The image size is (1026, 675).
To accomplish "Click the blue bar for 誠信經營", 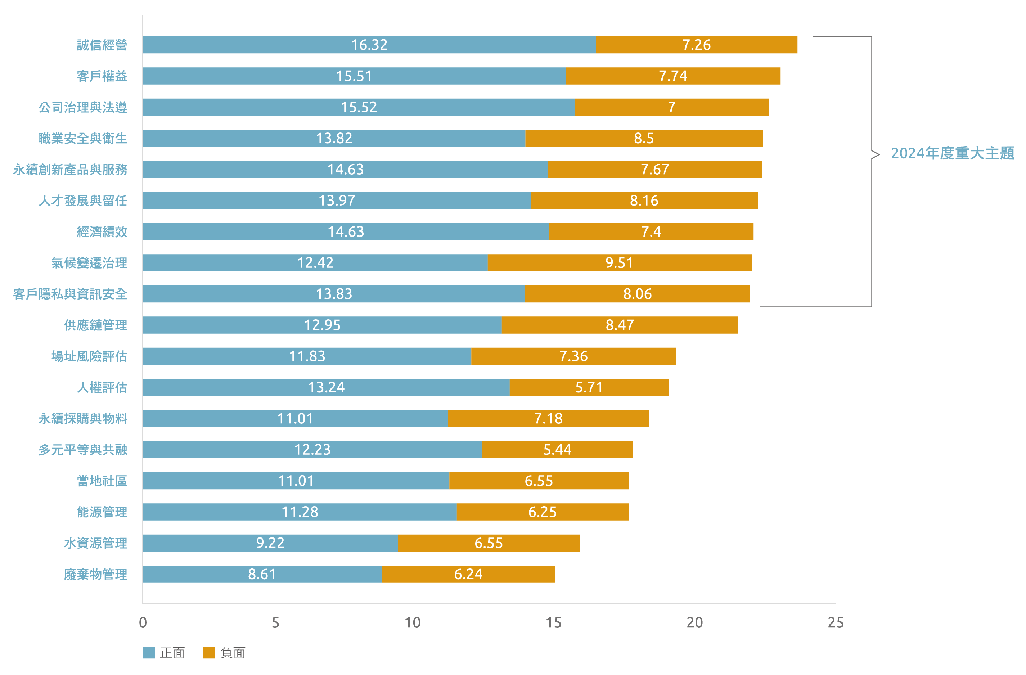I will coord(369,45).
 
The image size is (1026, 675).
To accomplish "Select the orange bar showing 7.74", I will coord(672,76).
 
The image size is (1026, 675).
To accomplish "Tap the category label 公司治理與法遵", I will coord(83,107).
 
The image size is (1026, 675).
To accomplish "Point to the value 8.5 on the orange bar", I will coord(644,138).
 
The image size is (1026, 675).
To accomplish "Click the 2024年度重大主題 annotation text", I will coord(952,153).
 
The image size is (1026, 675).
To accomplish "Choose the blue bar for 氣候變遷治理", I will coord(315,263).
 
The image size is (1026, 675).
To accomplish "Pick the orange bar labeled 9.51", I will coord(619,263).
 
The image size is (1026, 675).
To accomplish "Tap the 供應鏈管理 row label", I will coord(95,325).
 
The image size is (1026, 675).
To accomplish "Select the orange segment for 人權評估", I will coord(589,387).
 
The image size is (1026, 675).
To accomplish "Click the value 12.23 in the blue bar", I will coord(312,450).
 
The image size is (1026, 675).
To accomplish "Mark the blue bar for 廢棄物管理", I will coord(262,574).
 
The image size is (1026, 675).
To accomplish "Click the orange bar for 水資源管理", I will coord(489,543).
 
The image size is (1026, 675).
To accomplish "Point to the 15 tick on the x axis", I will coord(554,623).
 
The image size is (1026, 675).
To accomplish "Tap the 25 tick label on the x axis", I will coord(836,623).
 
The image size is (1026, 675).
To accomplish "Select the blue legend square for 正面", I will coord(149,653).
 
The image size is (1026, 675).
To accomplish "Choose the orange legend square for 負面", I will coord(209,653).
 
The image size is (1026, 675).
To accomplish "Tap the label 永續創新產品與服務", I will coord(70,170).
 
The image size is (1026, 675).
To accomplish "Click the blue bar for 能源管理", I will coord(300,512).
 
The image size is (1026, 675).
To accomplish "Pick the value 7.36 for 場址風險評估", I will coord(573,356).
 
